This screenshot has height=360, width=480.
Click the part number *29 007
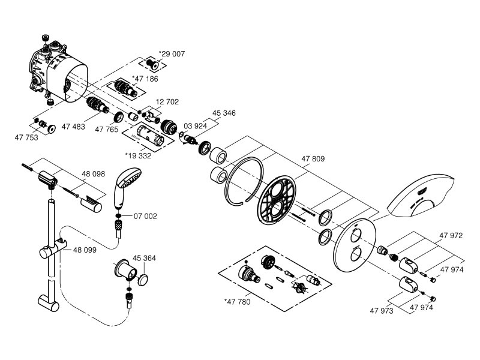172,54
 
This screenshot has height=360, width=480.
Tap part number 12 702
167,102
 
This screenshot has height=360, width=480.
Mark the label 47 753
26,137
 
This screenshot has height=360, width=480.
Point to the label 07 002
145,216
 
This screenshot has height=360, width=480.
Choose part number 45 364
144,259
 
